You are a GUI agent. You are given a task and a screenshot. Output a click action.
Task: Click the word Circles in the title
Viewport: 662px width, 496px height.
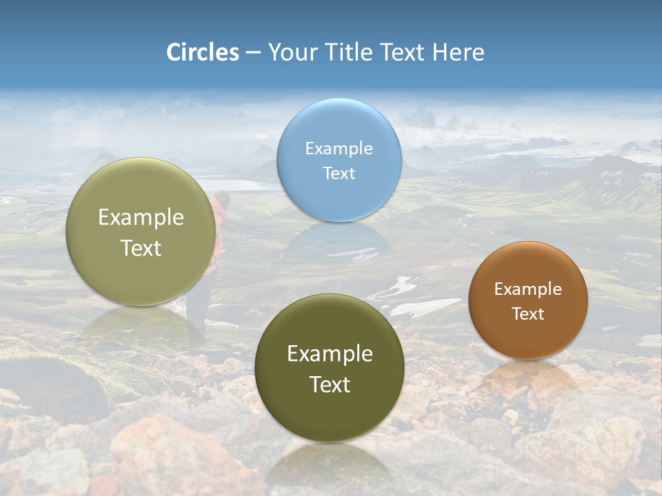click(203, 52)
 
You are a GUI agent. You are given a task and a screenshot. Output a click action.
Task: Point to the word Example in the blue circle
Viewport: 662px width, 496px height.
click(339, 148)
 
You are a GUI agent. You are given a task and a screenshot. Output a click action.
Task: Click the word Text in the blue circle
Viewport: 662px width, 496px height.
click(339, 173)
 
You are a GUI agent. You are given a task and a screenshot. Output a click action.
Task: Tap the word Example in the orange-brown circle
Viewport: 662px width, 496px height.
click(528, 289)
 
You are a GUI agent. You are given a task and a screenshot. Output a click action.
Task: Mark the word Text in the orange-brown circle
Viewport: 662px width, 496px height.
click(528, 313)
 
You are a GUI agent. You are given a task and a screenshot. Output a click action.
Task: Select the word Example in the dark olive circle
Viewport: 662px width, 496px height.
click(330, 353)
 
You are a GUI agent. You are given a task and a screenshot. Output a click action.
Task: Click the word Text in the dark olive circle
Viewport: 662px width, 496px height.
click(330, 384)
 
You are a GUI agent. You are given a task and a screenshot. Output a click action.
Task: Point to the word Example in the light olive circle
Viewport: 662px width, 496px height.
click(141, 217)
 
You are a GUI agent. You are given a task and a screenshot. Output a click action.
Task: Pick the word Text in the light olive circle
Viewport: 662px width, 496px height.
click(141, 248)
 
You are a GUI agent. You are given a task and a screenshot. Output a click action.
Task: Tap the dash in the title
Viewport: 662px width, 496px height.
click(253, 53)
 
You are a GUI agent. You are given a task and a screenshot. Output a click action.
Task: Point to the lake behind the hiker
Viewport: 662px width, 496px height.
click(245, 185)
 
